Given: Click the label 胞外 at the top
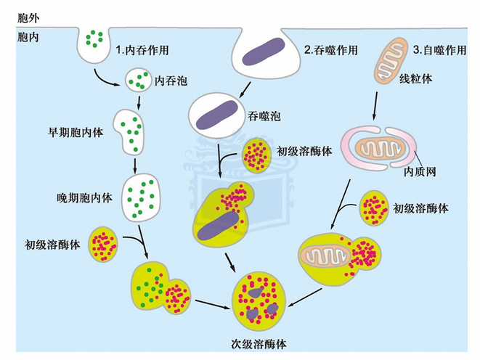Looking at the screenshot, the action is [28, 18].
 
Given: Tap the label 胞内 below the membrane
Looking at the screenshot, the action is [28, 37].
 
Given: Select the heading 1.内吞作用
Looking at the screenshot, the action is [142, 50].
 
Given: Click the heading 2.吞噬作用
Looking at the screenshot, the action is [331, 50].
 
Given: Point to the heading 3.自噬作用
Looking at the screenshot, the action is [439, 50].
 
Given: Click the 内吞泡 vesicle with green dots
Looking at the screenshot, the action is [139, 80].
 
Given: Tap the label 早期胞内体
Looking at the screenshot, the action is [76, 132].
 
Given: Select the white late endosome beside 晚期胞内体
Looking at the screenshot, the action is [141, 197].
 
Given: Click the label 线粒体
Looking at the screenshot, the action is [415, 79].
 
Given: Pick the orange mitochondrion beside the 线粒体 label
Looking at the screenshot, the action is [389, 61].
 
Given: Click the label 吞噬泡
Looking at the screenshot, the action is [264, 116].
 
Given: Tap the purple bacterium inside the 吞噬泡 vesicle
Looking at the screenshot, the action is [217, 115].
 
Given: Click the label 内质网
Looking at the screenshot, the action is [420, 171].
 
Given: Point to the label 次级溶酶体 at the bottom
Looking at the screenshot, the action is [259, 345].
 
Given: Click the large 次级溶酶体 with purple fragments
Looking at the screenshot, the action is [259, 300].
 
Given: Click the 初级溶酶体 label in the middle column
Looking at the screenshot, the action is [304, 151].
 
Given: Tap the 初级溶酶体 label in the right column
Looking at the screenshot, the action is [420, 208].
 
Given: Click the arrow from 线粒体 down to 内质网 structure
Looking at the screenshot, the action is [375, 105].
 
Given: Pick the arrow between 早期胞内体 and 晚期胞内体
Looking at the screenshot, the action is [134, 165].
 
